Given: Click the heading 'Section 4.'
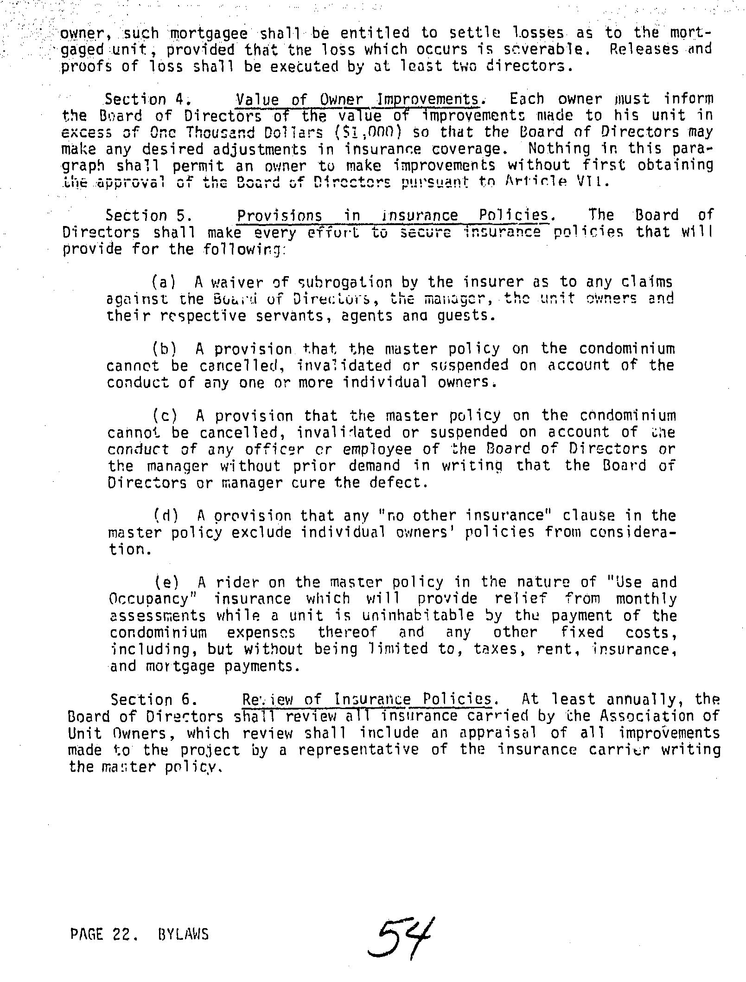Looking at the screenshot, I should (147, 99).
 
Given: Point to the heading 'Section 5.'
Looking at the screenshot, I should (148, 216).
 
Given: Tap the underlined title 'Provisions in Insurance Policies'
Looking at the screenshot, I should (393, 216).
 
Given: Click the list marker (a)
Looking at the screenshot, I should (164, 282).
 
